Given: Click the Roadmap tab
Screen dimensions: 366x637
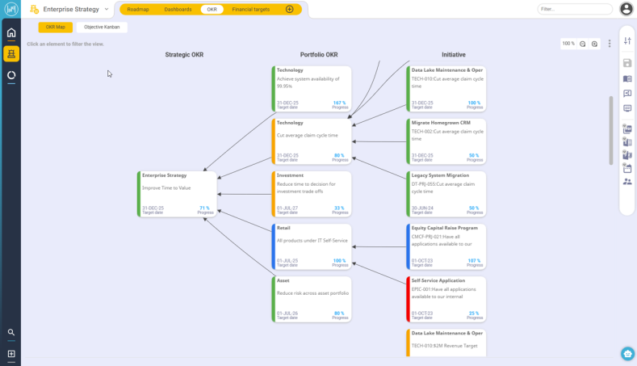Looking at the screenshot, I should point(138,9).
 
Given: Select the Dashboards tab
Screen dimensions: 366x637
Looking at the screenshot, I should point(178,9).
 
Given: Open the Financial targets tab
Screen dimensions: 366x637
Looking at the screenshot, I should point(251,9).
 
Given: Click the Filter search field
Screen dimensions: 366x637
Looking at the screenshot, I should point(573,9).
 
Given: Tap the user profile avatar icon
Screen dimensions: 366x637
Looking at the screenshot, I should point(627,9).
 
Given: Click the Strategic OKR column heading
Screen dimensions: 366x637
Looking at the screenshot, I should point(184,55).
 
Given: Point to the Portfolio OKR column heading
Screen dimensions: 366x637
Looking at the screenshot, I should point(319,55).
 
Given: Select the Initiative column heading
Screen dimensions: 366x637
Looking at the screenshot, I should point(453,55).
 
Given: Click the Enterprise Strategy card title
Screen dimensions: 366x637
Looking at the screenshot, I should point(164,175).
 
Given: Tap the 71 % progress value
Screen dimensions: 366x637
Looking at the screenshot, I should point(204,208).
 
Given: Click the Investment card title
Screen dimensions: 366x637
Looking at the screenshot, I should point(290,175).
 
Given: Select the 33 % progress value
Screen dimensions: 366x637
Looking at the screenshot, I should point(339,208).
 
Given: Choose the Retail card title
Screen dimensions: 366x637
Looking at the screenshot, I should point(283,228).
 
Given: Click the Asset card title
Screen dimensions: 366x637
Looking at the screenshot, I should point(283,280).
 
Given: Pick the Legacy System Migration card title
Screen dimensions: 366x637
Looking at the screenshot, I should point(440,175).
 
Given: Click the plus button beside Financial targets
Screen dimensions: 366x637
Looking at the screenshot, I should point(290,9).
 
